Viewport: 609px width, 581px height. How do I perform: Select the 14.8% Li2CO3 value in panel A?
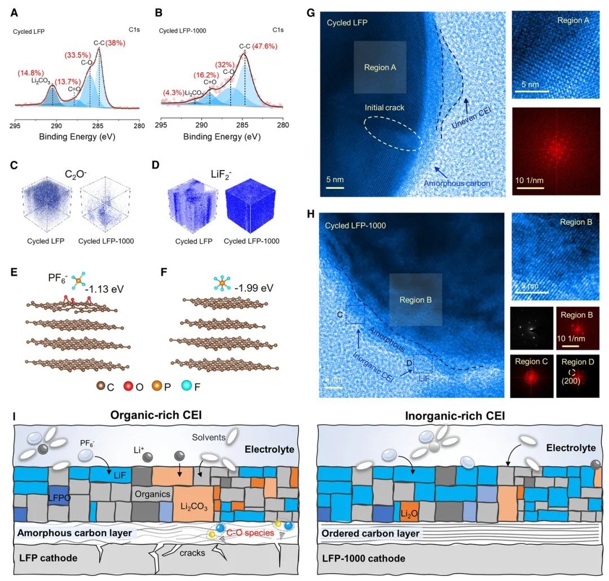(x=29, y=73)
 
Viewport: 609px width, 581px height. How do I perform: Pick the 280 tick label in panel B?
(x=285, y=125)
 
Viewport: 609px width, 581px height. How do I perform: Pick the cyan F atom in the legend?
(x=187, y=385)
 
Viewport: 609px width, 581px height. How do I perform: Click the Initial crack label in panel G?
(x=385, y=107)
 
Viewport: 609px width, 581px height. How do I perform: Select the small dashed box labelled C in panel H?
(x=354, y=314)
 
